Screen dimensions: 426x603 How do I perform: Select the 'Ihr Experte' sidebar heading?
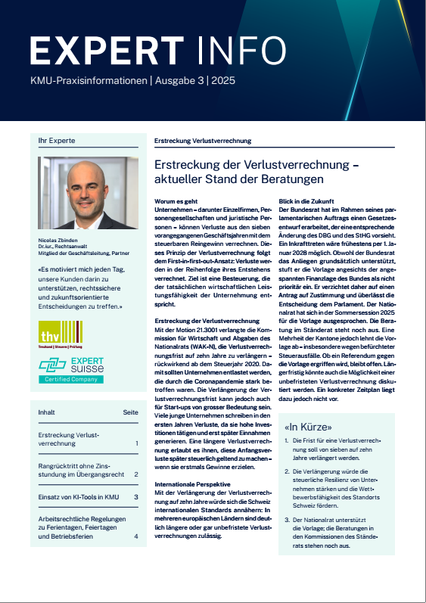click(54, 141)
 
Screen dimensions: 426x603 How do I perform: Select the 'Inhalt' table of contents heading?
click(47, 412)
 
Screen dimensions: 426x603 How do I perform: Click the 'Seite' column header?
click(130, 412)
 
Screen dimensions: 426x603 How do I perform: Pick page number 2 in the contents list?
click(135, 475)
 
